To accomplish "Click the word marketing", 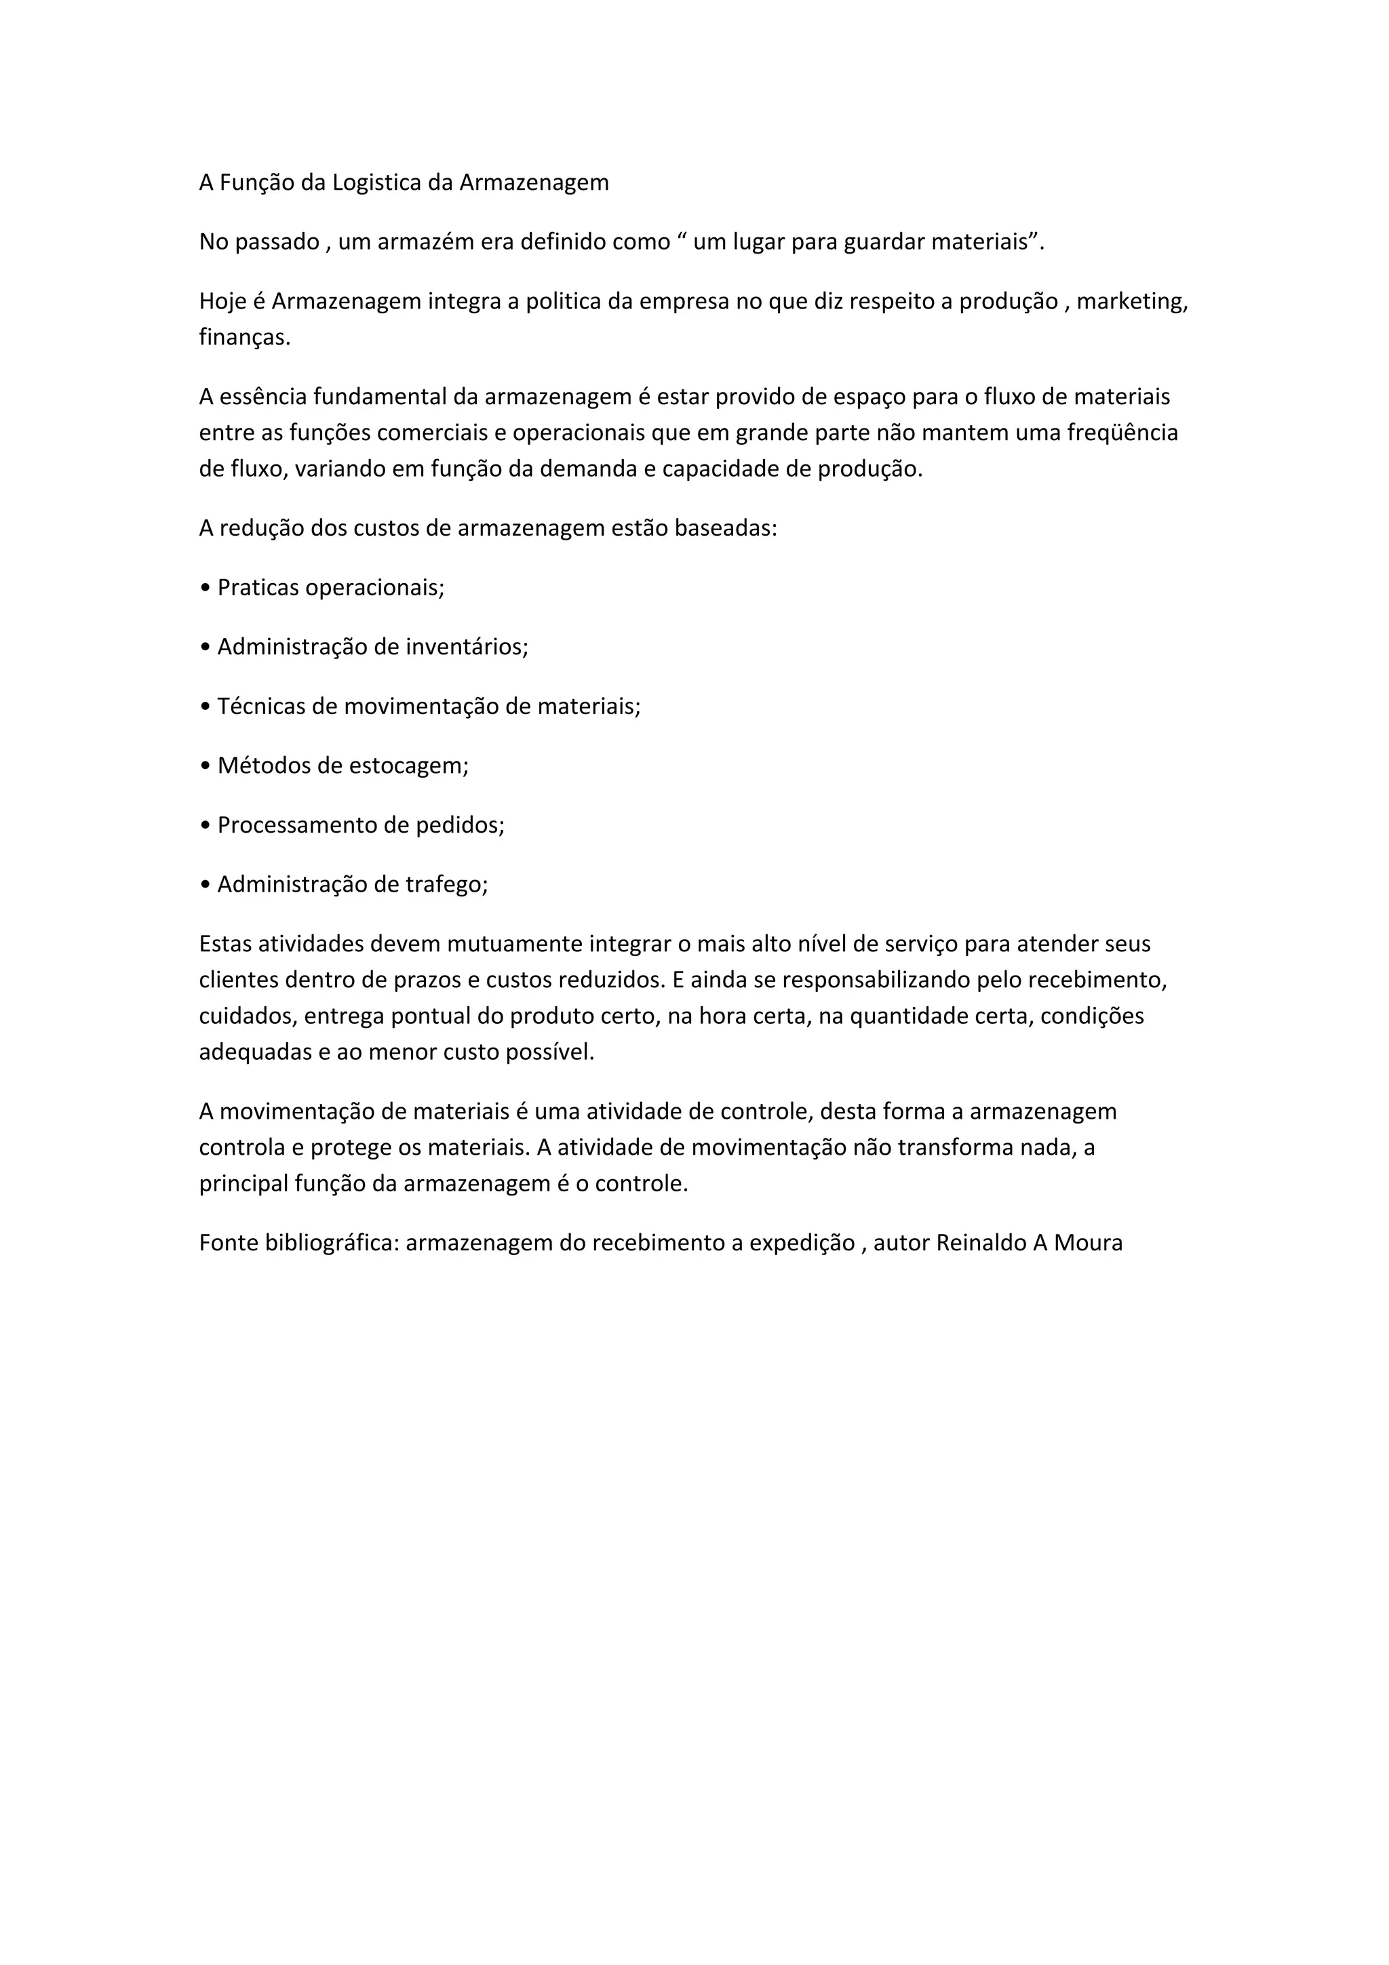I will pos(1132,302).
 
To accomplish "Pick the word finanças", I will pos(244,338).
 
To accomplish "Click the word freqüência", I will pos(1122,433).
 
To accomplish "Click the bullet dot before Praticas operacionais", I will pos(205,589).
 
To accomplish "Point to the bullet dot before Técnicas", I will pos(205,707).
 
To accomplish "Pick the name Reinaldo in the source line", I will pos(981,1243).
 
